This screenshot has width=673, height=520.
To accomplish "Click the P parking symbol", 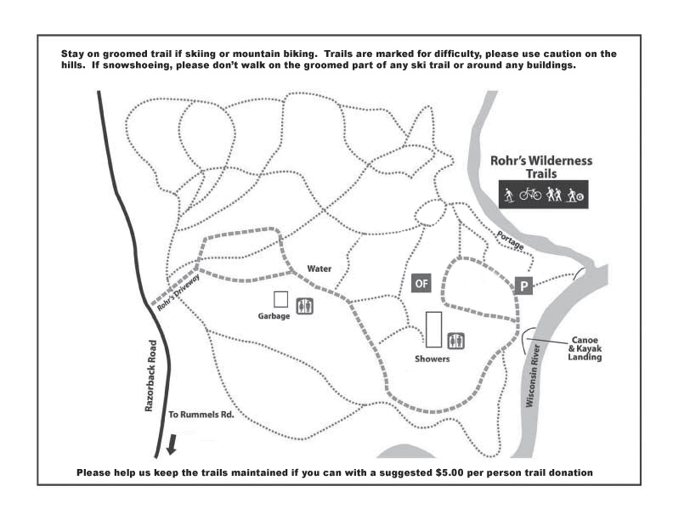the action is pos(523,285).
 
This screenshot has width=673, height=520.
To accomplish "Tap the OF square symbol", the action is pos(421,283).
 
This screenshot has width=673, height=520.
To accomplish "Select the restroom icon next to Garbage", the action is pos(305,307).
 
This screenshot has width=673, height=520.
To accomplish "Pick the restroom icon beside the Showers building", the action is pos(455,341).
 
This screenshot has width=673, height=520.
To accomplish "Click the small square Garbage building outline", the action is pos(280,299).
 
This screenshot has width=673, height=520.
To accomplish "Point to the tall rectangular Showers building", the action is pos(433,330).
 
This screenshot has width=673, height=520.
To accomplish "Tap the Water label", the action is pos(320,268).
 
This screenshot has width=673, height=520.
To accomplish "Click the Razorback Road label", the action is pos(150,376).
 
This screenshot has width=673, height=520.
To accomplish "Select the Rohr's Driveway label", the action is pos(178,292).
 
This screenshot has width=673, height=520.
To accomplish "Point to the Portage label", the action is pos(511,240).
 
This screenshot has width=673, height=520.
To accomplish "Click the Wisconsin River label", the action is pos(532,376).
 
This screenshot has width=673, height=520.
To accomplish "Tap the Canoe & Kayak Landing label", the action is pos(585,348).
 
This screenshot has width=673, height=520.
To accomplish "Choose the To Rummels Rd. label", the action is pos(201,415).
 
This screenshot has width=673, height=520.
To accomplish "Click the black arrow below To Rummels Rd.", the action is pos(172,444).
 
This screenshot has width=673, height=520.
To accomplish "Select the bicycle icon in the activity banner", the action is pos(530,194).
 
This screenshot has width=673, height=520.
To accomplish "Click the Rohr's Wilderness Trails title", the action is pos(541,167).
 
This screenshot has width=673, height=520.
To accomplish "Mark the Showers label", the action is pos(433,359).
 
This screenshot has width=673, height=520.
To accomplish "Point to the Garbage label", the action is pos(274,316).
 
